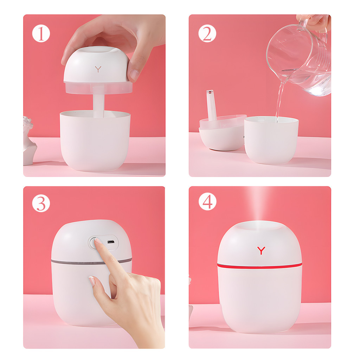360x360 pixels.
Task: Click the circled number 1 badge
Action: pos(41,34)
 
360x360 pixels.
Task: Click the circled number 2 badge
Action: pos(207,33)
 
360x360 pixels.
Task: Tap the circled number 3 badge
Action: pos(41,203)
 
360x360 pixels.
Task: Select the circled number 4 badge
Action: pos(207,201)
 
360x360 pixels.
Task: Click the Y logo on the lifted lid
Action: pos(98,69)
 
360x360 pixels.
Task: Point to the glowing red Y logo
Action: pos(261,250)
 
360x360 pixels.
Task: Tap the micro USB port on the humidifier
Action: pos(111,242)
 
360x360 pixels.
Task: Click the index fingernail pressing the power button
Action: pos(98,241)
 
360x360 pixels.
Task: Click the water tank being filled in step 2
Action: pos(271,140)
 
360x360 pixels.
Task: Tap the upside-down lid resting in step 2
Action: pos(222,133)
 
